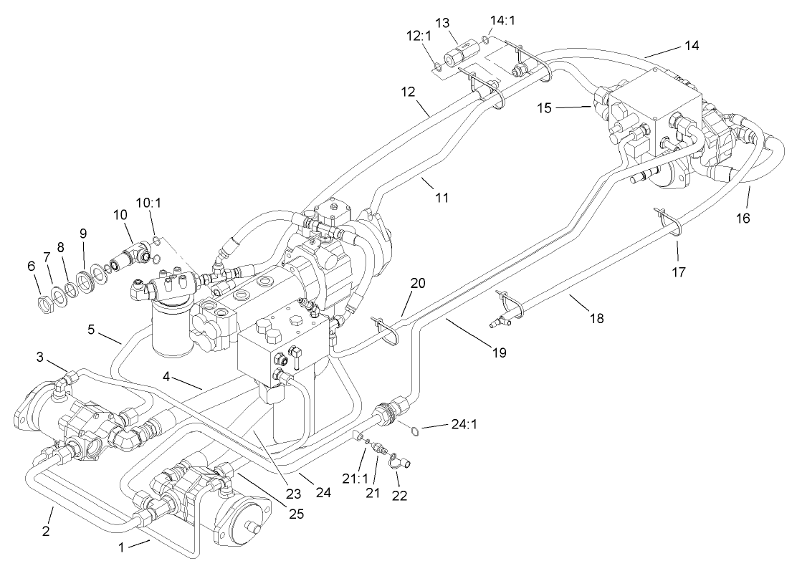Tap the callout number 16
click(x=743, y=219)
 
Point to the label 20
click(x=418, y=283)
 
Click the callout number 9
click(x=83, y=233)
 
